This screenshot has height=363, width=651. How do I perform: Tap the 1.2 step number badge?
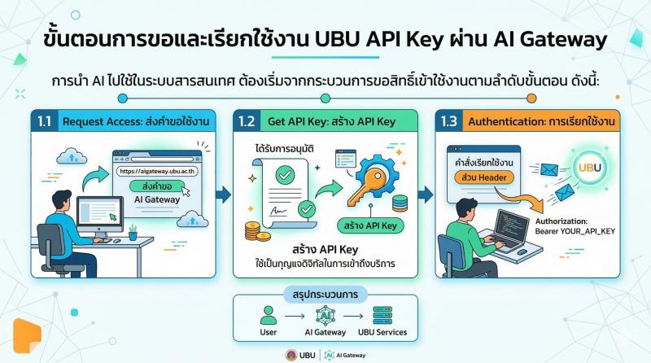pos(247,122)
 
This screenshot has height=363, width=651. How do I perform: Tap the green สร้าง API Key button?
pos(371,225)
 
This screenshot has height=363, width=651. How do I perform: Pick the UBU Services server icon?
pos(382,315)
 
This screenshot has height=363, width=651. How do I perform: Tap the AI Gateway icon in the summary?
pos(324,315)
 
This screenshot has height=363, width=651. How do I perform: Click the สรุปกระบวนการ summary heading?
pos(325,292)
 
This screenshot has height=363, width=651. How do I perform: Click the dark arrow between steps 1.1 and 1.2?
pos(222,194)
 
